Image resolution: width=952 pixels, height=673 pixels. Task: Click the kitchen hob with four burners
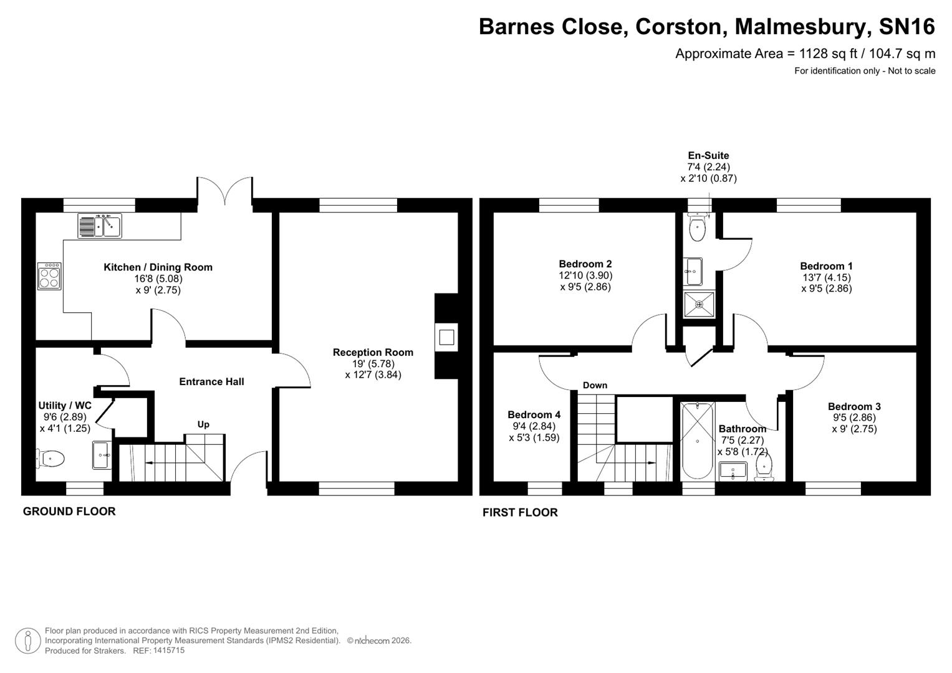pyautogui.click(x=50, y=276)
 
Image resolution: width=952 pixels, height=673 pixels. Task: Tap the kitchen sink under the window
pyautogui.click(x=100, y=226)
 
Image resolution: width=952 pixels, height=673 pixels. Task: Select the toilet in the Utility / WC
pyautogui.click(x=51, y=459)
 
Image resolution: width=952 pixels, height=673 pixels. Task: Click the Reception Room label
pyautogui.click(x=373, y=352)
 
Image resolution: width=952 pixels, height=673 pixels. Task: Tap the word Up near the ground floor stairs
pyautogui.click(x=203, y=424)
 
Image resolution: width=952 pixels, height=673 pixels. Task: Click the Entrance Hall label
pyautogui.click(x=211, y=381)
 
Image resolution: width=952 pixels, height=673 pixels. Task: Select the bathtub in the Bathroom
pyautogui.click(x=697, y=440)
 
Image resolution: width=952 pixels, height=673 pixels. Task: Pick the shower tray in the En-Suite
pyautogui.click(x=699, y=305)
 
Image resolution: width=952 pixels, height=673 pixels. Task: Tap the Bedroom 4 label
pyautogui.click(x=534, y=414)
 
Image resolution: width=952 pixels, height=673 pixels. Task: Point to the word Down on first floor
pyautogui.click(x=595, y=385)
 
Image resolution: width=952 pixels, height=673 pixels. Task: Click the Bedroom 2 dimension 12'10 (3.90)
pyautogui.click(x=585, y=275)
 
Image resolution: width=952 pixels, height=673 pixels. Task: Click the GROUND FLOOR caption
pyautogui.click(x=69, y=512)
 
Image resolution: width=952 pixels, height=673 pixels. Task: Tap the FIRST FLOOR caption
pyautogui.click(x=520, y=512)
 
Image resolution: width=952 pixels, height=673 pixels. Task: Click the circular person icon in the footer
pyautogui.click(x=28, y=640)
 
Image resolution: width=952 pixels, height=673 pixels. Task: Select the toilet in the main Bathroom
pyautogui.click(x=764, y=467)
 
